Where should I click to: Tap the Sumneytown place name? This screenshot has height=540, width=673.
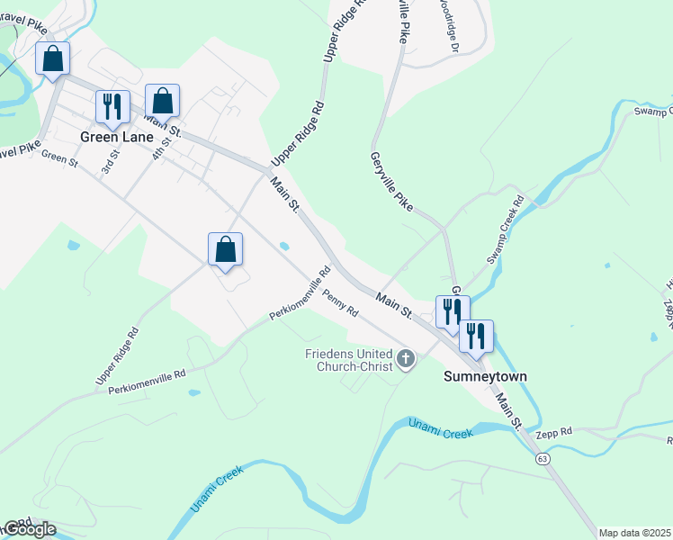pos(485,376)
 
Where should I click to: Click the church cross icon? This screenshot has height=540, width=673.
pos(406,361)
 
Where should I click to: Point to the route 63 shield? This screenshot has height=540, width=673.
pos(543,459)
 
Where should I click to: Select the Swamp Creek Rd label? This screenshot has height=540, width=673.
pos(505,232)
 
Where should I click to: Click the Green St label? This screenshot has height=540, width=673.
pos(60,157)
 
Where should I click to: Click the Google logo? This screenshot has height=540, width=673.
pos(29,529)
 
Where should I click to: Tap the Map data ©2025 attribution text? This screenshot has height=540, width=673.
pos(635,533)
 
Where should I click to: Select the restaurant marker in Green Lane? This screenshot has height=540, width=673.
pos(112,106)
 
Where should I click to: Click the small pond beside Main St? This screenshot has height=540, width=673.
pos(284,245)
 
